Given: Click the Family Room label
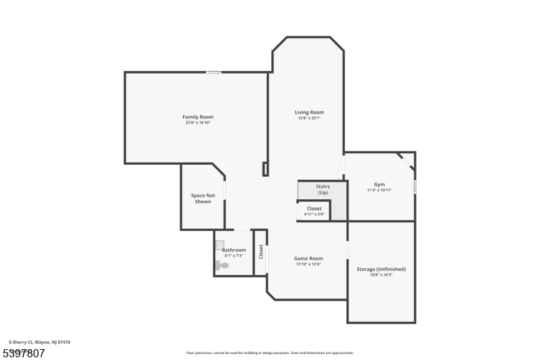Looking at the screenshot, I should click(198, 117).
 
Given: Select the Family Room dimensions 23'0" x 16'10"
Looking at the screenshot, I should click(198, 123).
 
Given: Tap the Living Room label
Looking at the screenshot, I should click(309, 112).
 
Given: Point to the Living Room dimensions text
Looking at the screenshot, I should click(309, 118).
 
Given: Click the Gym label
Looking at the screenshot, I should click(379, 184).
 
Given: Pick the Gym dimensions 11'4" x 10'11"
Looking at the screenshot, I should click(379, 190).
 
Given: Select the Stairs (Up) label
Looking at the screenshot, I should click(323, 190).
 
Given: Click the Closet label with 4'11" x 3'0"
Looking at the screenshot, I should click(315, 209).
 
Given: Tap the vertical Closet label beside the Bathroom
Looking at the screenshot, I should click(261, 252).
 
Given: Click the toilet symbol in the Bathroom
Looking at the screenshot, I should click(222, 265).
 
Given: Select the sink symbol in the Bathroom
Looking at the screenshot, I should click(219, 245).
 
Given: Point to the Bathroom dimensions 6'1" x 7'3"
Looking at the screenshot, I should click(234, 256).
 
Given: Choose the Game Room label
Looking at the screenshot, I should click(308, 258).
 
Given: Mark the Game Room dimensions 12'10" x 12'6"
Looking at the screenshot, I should click(308, 264).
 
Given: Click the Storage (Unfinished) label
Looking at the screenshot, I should click(381, 269).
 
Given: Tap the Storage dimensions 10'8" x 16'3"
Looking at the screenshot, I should click(381, 275).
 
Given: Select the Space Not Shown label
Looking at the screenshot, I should click(202, 199).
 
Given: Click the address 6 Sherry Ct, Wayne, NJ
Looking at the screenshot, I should click(39, 342).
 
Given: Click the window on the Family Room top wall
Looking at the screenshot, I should click(213, 72).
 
